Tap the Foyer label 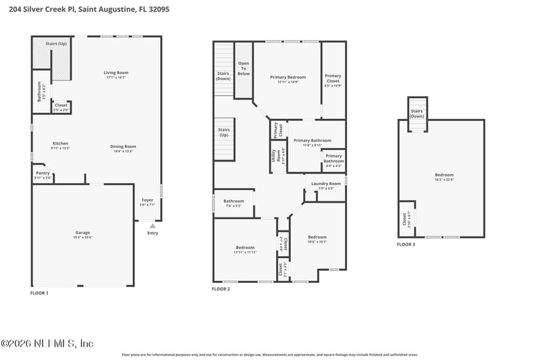point(147,201)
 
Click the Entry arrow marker point(153,226)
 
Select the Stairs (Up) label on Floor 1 point(56,44)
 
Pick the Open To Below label point(244,68)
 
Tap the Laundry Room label point(325,185)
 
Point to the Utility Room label point(275,155)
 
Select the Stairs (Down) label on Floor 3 point(417,113)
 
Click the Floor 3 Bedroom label point(444,177)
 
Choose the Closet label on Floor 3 point(405,219)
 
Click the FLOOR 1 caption point(40,293)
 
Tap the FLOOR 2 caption point(221,288)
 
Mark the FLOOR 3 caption point(406,244)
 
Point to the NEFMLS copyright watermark point(47,344)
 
